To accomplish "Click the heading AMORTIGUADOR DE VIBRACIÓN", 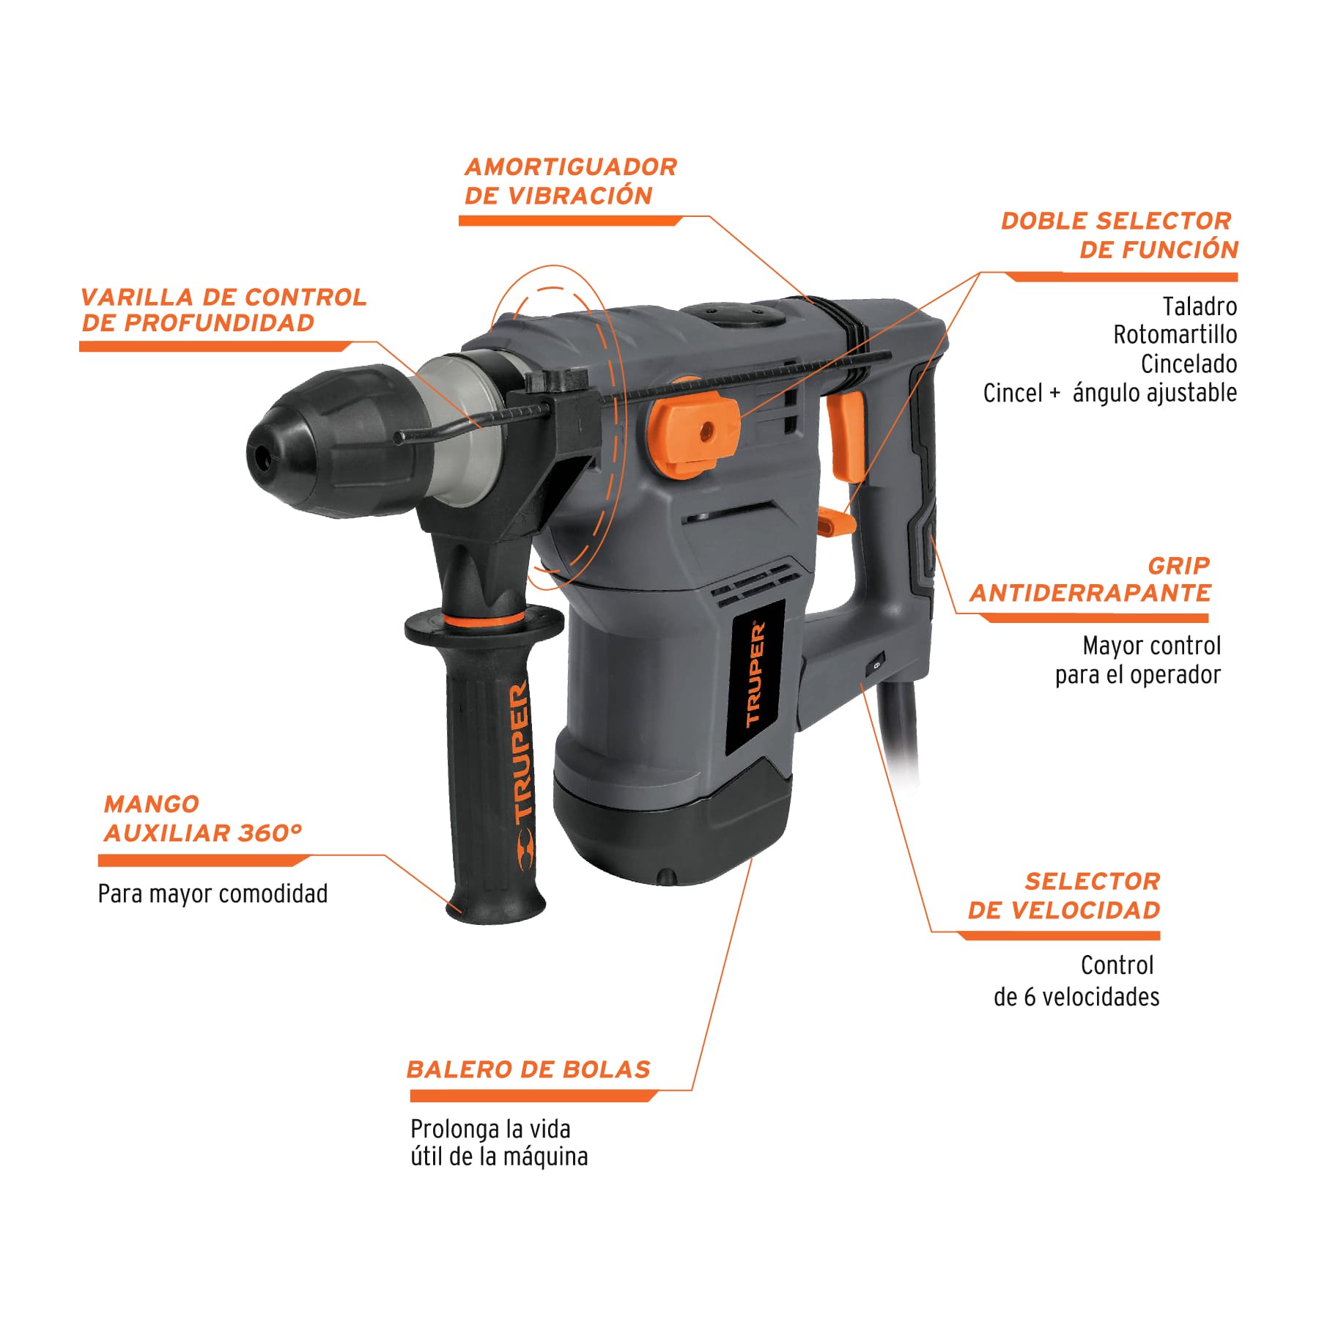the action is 570,181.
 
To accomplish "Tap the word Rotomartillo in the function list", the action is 1175,335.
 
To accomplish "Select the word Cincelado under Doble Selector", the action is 1189,364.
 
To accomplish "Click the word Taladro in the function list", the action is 1200,306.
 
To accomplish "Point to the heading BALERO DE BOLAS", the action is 528,1069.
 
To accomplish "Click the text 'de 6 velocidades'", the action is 1076,997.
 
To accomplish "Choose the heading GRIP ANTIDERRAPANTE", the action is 1090,579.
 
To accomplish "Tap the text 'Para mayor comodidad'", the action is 213,894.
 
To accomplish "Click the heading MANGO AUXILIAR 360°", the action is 202,819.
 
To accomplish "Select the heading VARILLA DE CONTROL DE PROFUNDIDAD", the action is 223,310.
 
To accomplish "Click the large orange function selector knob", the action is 692,432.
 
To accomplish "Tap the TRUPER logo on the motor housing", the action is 755,674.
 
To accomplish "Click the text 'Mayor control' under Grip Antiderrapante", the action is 1151,646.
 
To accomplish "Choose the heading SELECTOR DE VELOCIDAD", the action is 1064,896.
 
